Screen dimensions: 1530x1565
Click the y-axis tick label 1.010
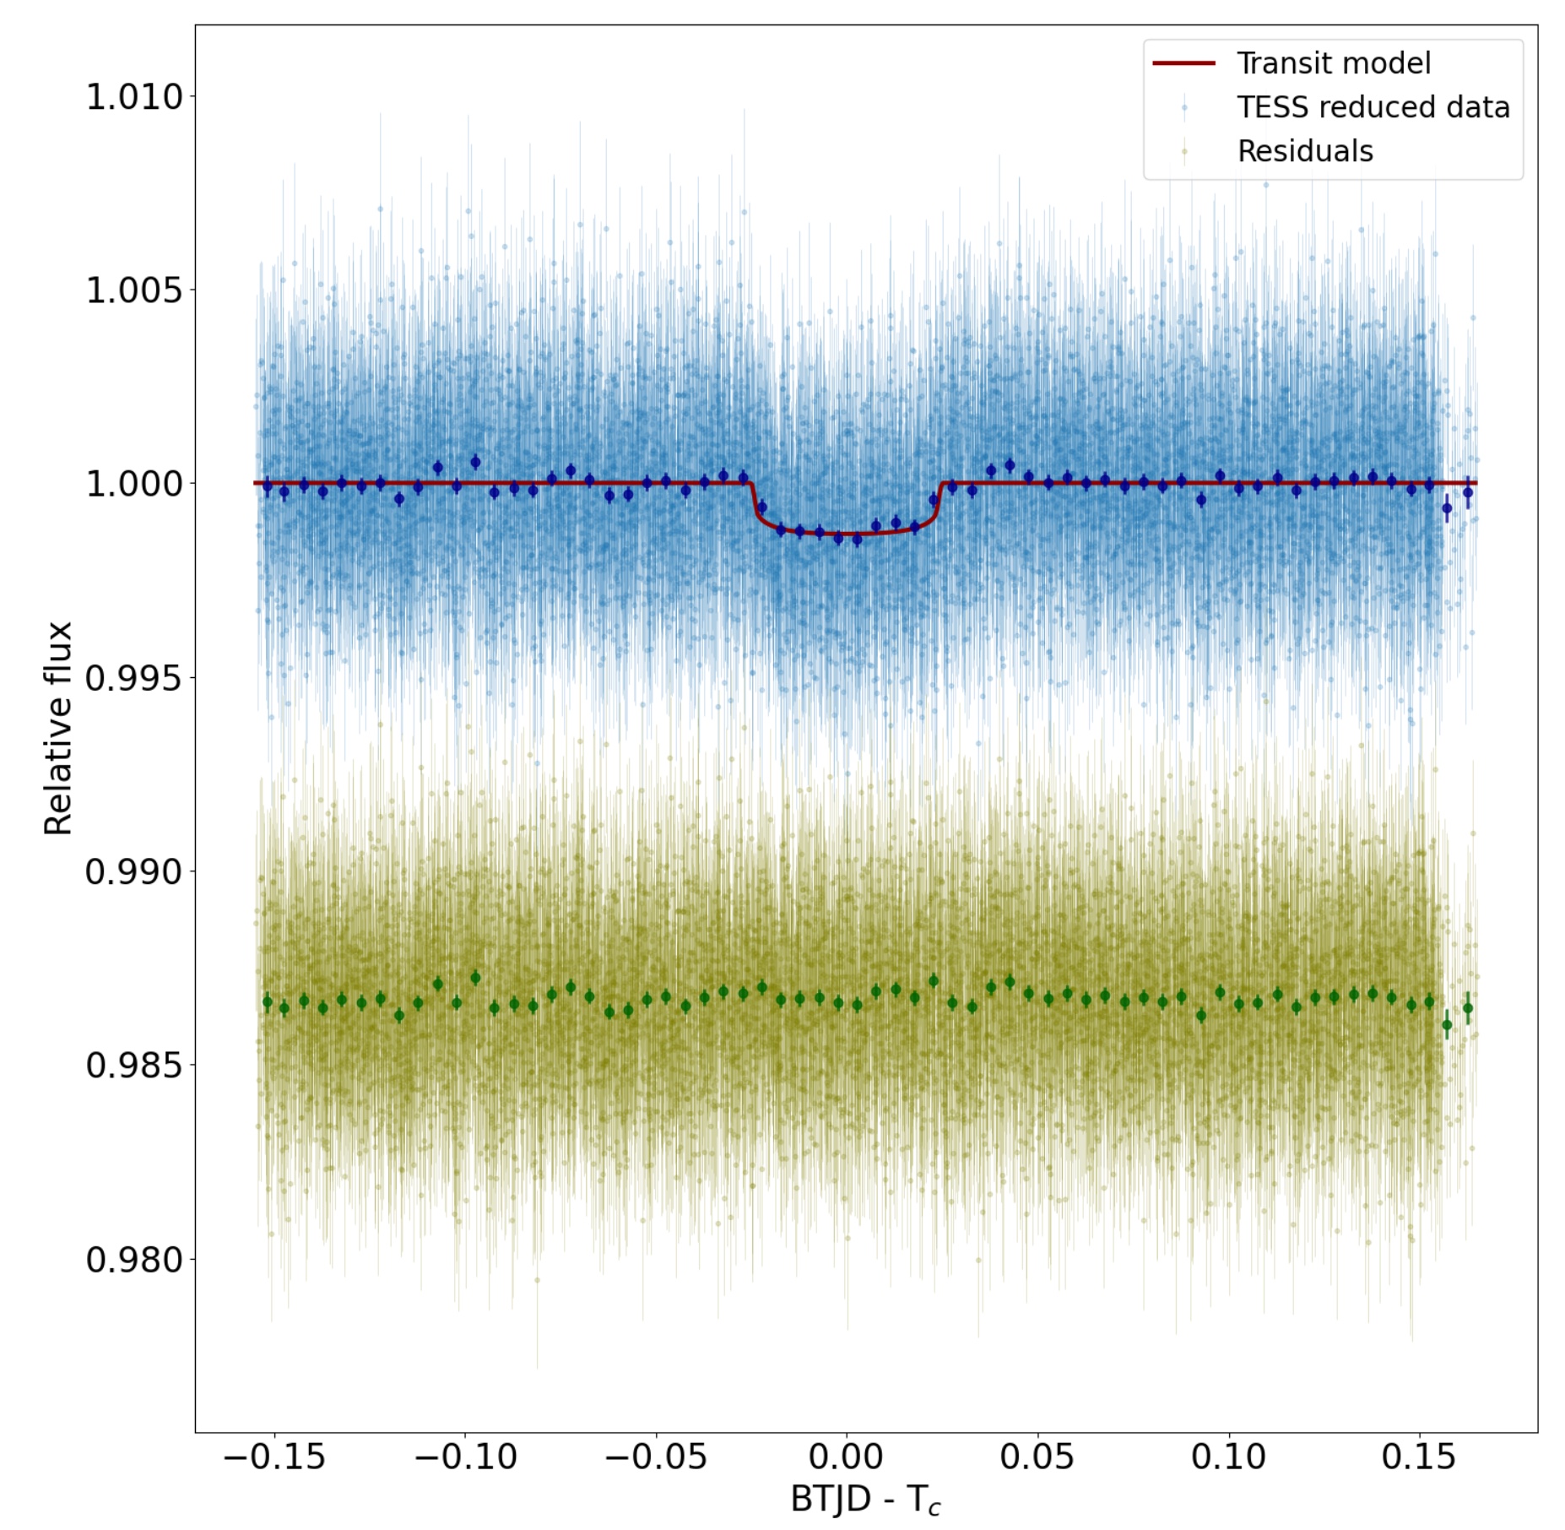point(134,97)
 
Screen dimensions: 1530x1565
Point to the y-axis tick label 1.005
point(134,290)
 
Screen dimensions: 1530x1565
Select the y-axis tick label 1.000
point(134,485)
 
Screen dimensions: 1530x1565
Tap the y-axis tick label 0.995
point(134,678)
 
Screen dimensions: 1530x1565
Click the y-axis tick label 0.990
point(134,871)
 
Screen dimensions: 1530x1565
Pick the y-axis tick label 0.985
point(134,1066)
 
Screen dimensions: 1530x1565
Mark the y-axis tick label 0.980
point(134,1259)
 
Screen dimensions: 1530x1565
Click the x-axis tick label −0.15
point(274,1457)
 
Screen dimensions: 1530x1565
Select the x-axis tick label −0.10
point(465,1457)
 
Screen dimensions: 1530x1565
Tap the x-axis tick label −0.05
point(656,1457)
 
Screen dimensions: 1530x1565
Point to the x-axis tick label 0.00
point(846,1457)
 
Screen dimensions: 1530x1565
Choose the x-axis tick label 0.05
point(1037,1457)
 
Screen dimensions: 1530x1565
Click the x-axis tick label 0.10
point(1228,1457)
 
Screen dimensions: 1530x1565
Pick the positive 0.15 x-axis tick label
point(1419,1457)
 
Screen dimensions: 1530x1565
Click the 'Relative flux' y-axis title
point(59,728)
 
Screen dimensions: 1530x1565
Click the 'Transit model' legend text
point(1333,63)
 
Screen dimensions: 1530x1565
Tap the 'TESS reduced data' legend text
point(1373,107)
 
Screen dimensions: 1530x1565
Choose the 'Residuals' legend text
point(1304,151)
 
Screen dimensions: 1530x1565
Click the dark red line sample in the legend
point(1183,63)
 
